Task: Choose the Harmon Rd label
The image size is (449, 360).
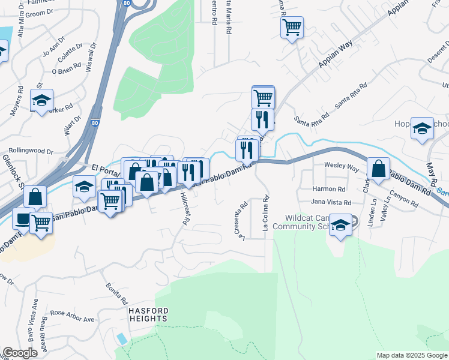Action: (327, 188)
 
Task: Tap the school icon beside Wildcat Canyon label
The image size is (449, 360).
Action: (340, 225)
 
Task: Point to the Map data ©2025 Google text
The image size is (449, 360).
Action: (412, 355)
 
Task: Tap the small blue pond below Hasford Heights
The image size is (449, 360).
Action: (122, 338)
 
